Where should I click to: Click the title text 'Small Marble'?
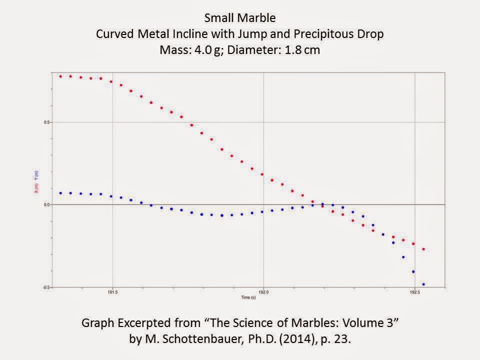tap(239, 18)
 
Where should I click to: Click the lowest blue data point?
tap(423, 284)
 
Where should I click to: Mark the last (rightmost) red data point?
tap(423, 249)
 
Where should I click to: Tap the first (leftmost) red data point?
tap(60, 76)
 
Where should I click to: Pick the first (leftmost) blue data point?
tap(60, 193)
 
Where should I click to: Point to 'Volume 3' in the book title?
tap(370, 323)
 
